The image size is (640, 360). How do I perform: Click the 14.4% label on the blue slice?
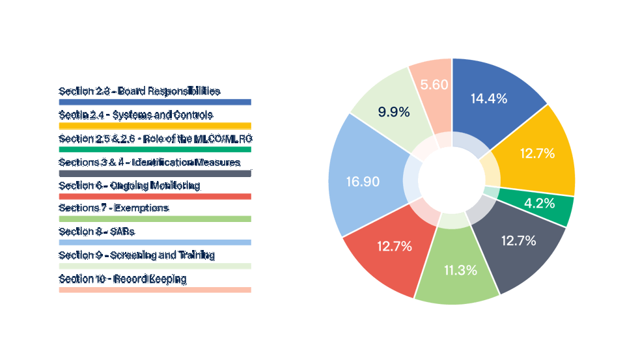click(488, 99)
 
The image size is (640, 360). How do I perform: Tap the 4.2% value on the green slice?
click(539, 202)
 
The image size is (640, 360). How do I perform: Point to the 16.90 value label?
click(363, 182)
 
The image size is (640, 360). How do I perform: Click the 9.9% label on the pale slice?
click(394, 112)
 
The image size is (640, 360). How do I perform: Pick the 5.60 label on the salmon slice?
click(434, 85)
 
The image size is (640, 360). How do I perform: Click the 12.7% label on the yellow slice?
click(537, 154)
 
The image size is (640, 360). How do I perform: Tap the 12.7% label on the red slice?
click(395, 246)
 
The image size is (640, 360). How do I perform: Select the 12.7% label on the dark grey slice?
click(519, 240)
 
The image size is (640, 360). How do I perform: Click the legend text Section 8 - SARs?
click(97, 232)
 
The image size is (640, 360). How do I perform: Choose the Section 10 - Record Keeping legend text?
click(122, 279)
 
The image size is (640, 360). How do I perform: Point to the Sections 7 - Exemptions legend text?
click(114, 208)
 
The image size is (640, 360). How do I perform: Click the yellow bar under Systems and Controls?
click(155, 126)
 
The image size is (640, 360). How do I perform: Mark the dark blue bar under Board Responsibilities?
click(155, 102)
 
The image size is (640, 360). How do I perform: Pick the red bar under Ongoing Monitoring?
click(155, 196)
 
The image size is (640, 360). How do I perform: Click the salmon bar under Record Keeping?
click(155, 290)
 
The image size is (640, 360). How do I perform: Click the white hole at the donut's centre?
click(452, 180)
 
